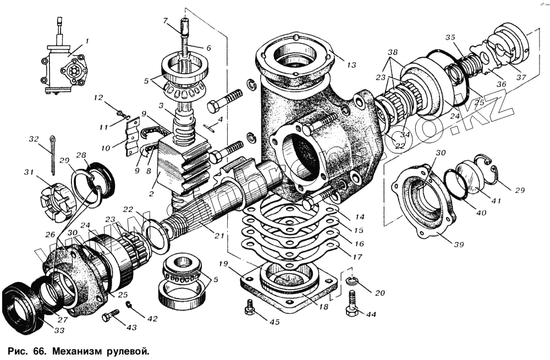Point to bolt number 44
click(352, 303)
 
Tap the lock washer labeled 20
click(354, 283)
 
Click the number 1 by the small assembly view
click(86, 41)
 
